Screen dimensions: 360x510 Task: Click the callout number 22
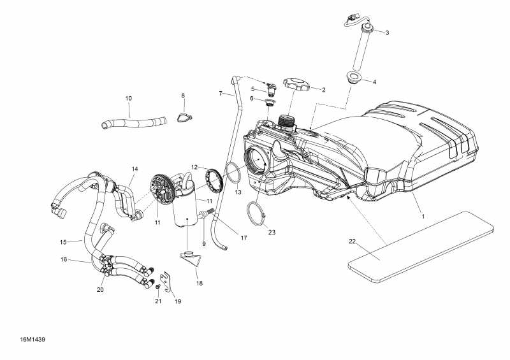click(x=352, y=241)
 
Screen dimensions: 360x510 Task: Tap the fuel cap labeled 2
click(x=295, y=84)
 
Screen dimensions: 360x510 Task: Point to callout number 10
click(x=128, y=98)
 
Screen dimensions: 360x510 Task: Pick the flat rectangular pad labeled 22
click(x=421, y=245)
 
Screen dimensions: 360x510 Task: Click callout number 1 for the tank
click(x=422, y=216)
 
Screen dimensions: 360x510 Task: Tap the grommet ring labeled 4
click(x=352, y=79)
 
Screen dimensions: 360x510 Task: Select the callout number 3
click(x=387, y=32)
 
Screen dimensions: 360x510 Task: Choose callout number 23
click(x=272, y=233)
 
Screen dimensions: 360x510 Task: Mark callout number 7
click(x=221, y=94)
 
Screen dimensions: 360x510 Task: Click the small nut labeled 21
click(x=157, y=287)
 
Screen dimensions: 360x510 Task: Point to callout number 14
click(x=135, y=169)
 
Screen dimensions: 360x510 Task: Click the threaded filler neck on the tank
click(x=286, y=122)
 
